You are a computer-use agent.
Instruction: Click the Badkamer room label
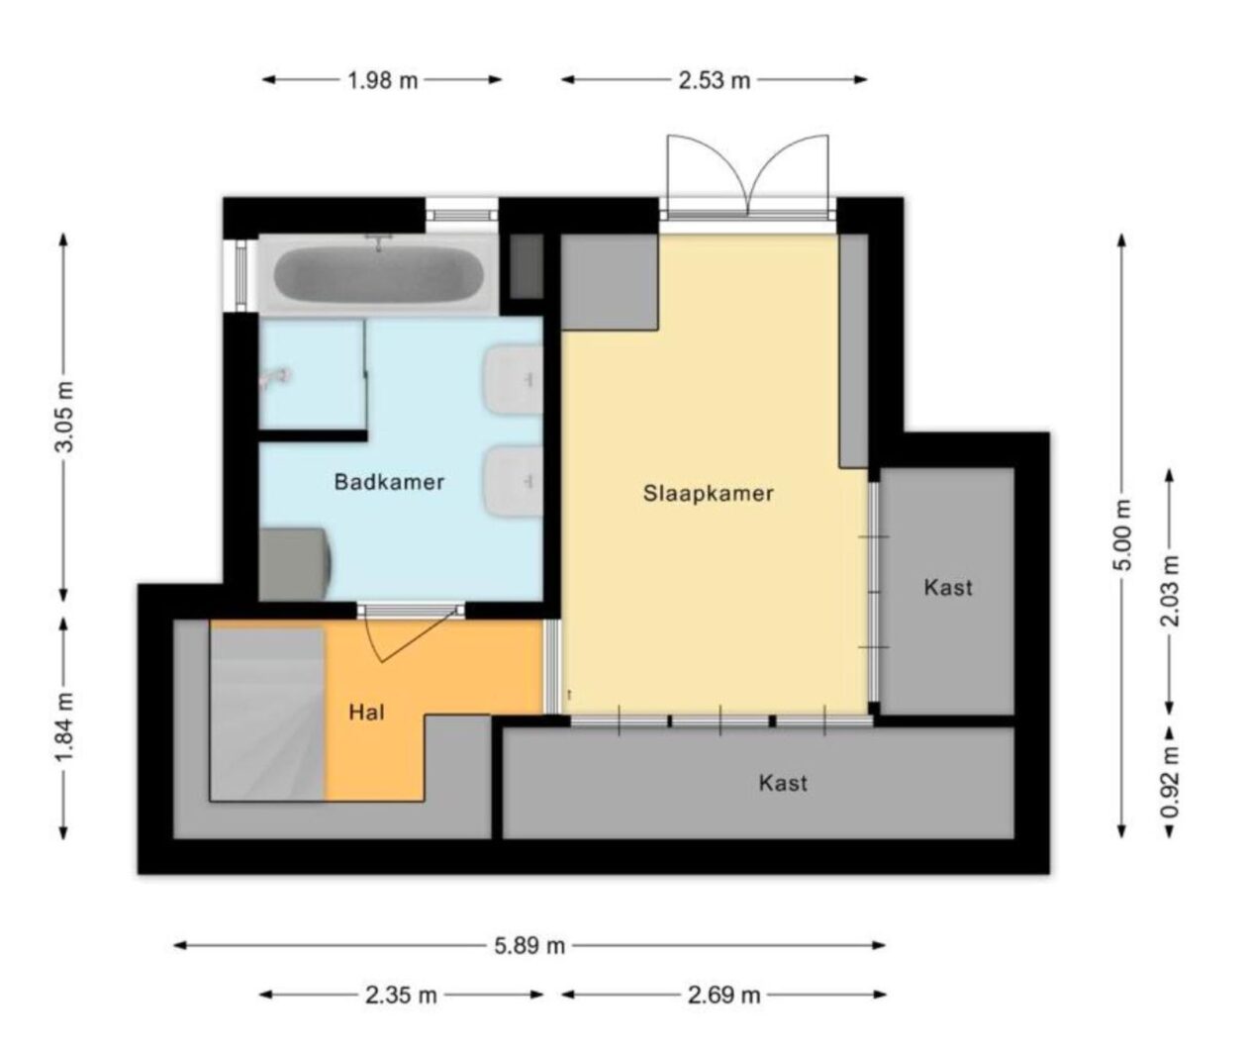coord(389,483)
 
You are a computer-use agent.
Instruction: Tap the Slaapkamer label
coord(708,493)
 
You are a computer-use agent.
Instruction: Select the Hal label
coord(366,712)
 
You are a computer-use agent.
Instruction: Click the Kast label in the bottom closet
coord(783,783)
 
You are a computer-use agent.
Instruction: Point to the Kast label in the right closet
coord(948,587)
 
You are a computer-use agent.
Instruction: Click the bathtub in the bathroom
coord(377,273)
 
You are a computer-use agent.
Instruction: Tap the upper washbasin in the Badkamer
coord(514,379)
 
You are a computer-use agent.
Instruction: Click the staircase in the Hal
coord(266,713)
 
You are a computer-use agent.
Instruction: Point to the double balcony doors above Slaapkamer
coord(747,176)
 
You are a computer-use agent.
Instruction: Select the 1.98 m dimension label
coord(383,81)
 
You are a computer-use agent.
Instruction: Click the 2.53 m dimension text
coord(714,81)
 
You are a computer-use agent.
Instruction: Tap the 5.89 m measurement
coord(529,946)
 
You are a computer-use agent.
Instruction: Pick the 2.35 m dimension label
coord(401,996)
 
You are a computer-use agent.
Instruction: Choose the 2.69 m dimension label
coord(723,996)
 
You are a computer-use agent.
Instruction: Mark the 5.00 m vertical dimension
coord(1121,535)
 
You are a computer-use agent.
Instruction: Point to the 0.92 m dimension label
coord(1171,783)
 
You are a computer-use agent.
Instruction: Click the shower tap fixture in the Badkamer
coord(276,376)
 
